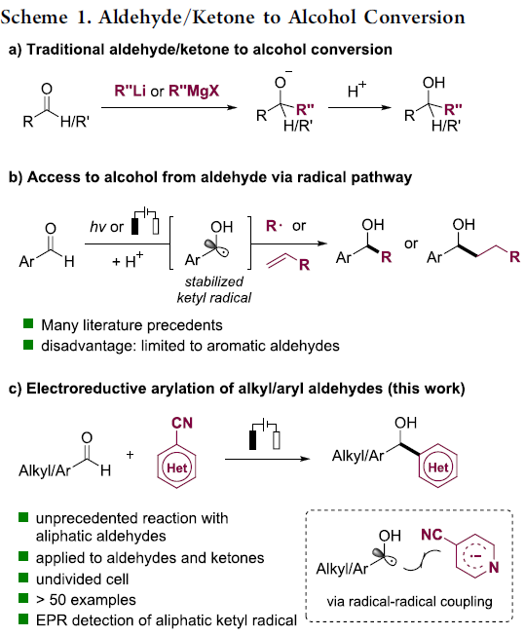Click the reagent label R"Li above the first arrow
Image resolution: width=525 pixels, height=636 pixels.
[130, 90]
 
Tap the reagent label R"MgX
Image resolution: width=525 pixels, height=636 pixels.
[194, 90]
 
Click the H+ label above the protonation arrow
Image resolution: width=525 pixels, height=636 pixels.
[356, 90]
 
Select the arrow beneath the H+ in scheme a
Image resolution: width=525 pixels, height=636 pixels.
[359, 107]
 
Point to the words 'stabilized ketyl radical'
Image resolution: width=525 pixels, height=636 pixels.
[214, 289]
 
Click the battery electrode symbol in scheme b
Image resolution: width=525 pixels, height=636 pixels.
[145, 221]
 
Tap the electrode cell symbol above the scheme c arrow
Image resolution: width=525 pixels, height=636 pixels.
[265, 434]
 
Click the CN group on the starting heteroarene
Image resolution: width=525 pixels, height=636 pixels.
[182, 423]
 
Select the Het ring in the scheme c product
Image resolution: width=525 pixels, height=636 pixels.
[437, 468]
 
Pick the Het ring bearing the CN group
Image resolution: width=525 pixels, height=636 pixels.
[176, 468]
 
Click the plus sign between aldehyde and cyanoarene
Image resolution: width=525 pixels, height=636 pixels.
[130, 454]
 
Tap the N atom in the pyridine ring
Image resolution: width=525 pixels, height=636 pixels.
[494, 567]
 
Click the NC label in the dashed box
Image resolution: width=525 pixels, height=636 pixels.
[431, 535]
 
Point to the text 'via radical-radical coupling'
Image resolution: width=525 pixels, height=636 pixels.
[409, 602]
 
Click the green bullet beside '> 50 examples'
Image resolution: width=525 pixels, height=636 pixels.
[23, 598]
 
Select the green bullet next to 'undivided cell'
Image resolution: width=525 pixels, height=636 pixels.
[23, 578]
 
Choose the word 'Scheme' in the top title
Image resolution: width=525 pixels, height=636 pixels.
[34, 17]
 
